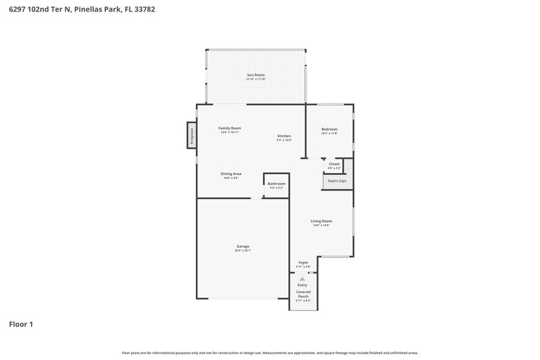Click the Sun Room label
point(255,75)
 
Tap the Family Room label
point(230,128)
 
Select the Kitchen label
point(283,136)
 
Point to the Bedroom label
point(329,129)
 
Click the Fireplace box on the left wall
point(192,136)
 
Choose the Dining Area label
point(231,174)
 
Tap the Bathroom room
point(276,186)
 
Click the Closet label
point(334,164)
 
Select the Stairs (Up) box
point(337,181)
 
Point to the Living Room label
point(321,221)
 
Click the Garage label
point(243,247)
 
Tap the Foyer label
point(303,263)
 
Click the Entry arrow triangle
point(302,278)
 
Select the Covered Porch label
point(303,294)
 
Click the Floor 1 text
point(21,324)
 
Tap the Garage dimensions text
point(243,251)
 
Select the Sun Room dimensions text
point(255,80)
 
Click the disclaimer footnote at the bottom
point(269,353)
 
